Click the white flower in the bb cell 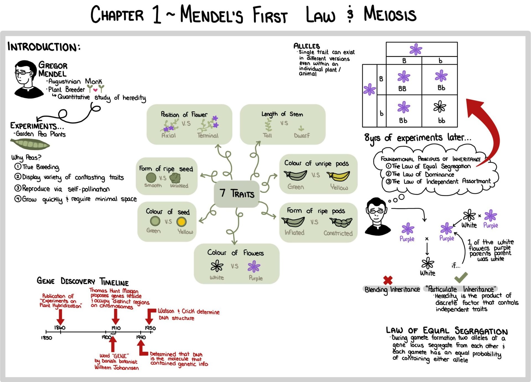pos(440,107)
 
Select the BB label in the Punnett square pos(402,88)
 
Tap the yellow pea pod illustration pos(338,176)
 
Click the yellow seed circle pos(181,222)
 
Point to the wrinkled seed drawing pos(175,178)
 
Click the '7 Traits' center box pos(237,194)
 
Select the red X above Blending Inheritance pos(388,280)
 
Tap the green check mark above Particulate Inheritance pos(461,277)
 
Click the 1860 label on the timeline pos(60,328)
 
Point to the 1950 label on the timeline pos(150,328)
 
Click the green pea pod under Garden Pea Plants pos(30,144)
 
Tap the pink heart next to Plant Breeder pos(95,90)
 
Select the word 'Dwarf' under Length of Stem pos(302,135)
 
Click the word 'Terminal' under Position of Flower pos(208,135)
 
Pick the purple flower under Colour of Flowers pos(254,267)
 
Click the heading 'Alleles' pos(307,46)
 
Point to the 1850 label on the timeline pos(47,338)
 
